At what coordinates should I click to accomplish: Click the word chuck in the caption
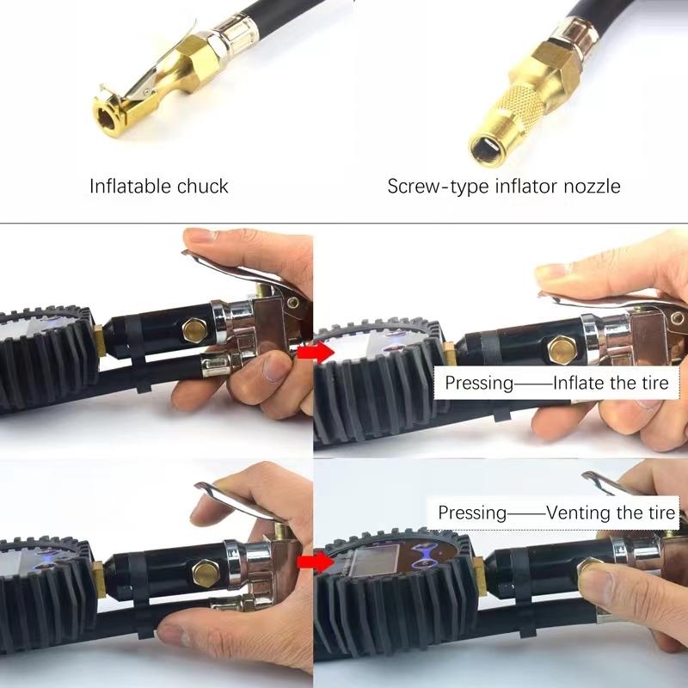click(205, 186)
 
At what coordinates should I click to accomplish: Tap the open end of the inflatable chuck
click(107, 112)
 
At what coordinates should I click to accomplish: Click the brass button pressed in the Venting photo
click(594, 572)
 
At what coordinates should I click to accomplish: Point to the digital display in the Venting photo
click(370, 568)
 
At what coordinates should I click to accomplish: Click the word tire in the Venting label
click(660, 513)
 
